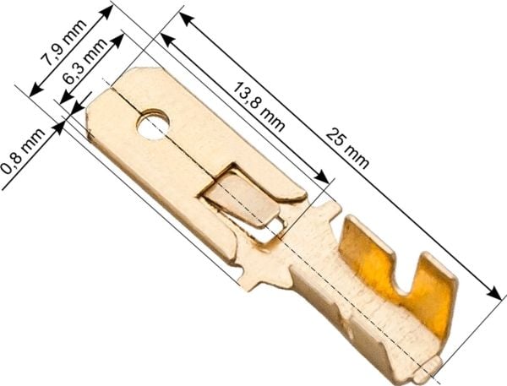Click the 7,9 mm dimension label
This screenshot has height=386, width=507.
(x=63, y=42)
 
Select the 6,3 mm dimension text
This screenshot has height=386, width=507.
(x=84, y=61)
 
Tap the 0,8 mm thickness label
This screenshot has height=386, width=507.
(x=23, y=151)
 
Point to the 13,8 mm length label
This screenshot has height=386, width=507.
(x=259, y=106)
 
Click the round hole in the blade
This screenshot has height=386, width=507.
(x=153, y=124)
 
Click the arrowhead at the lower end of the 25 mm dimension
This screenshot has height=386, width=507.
(x=494, y=293)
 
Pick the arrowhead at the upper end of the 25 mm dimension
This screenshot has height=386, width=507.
(x=187, y=19)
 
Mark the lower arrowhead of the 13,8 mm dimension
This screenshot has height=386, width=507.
(x=322, y=177)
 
